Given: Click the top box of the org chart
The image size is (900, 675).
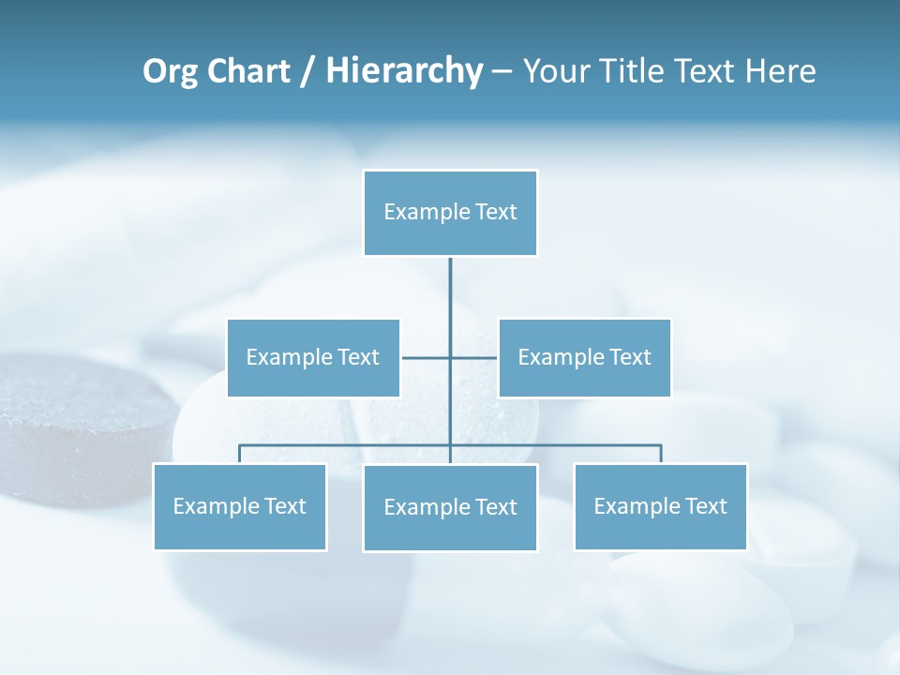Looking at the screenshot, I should [x=450, y=213].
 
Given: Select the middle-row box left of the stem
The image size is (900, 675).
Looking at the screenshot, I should [x=313, y=357].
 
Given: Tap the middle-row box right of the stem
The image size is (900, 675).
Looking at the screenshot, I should [x=584, y=357].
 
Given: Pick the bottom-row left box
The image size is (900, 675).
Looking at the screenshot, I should [x=239, y=506].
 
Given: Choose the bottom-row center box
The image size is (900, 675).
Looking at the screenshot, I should [x=450, y=507].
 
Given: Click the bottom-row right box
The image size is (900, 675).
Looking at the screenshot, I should [x=660, y=506].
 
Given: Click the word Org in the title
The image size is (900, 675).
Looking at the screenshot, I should [x=170, y=71].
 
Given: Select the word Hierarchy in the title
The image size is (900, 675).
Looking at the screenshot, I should [x=404, y=71].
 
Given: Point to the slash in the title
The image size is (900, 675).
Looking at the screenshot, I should [x=307, y=72].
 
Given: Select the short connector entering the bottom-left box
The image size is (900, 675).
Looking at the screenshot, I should [x=240, y=454].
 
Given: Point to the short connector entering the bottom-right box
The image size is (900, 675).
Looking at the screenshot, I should [x=661, y=454].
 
